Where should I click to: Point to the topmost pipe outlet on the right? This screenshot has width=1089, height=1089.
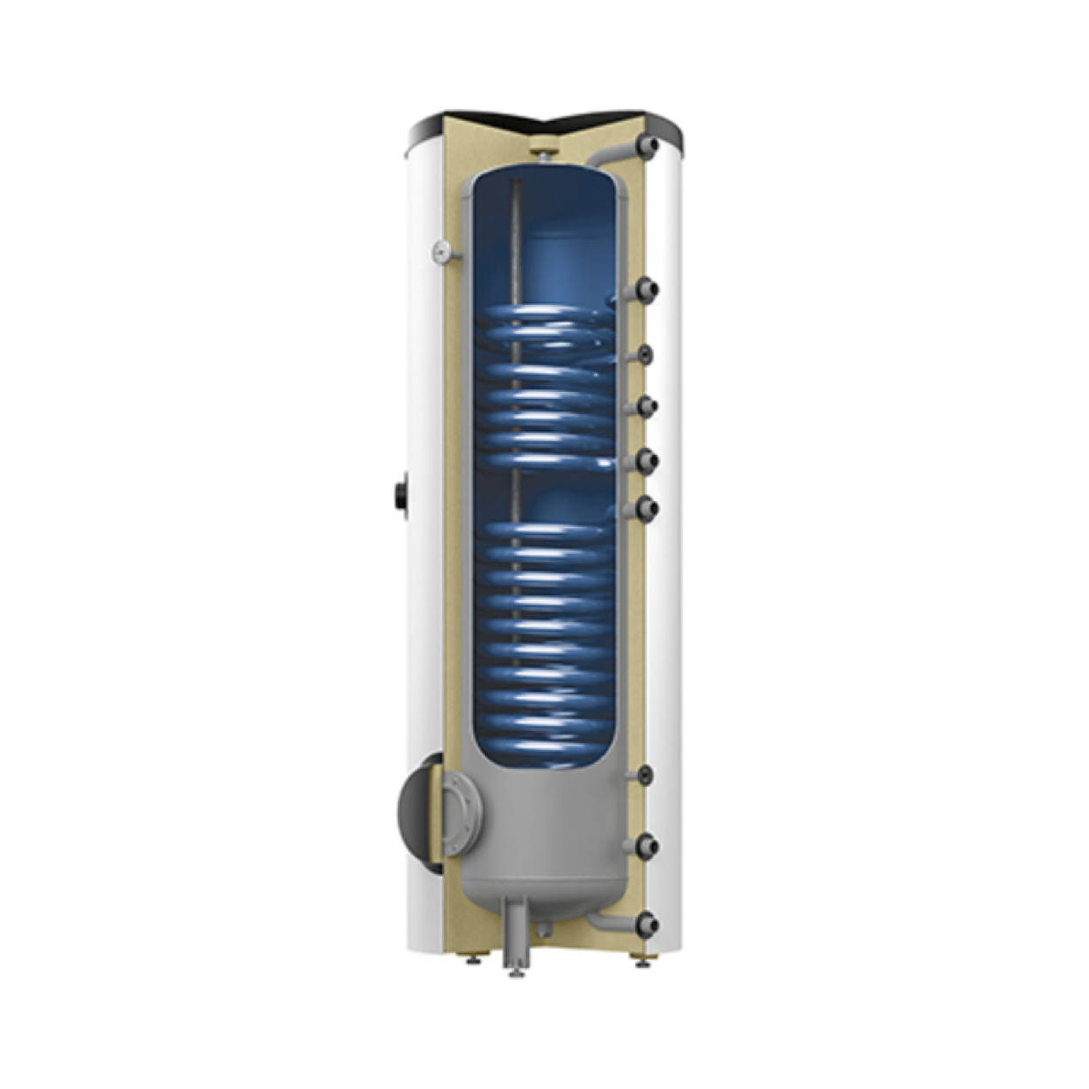[x=648, y=146]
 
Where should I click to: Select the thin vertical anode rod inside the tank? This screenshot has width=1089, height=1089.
[x=516, y=253]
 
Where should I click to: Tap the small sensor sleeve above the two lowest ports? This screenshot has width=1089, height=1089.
[x=645, y=774]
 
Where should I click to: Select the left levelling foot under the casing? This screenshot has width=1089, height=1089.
[x=471, y=960]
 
